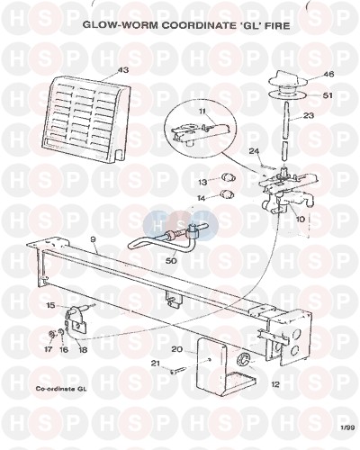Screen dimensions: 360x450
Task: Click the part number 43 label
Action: [123, 70]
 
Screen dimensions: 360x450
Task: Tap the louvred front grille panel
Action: [87, 121]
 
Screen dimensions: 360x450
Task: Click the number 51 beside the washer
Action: [328, 95]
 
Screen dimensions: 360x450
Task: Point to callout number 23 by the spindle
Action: [308, 115]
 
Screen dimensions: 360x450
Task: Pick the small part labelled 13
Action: [229, 178]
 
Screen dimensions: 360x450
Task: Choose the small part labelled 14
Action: [228, 194]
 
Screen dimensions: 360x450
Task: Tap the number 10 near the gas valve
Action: [301, 219]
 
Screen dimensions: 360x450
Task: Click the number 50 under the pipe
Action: [172, 260]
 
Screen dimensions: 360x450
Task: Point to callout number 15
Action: [51, 305]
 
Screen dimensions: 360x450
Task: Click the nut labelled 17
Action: [52, 334]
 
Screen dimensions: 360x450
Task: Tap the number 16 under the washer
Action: [64, 349]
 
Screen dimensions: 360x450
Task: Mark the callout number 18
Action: [83, 350]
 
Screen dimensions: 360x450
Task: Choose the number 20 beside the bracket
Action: [177, 349]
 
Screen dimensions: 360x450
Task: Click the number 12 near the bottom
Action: [275, 384]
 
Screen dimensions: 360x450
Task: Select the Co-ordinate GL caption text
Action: [61, 389]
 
